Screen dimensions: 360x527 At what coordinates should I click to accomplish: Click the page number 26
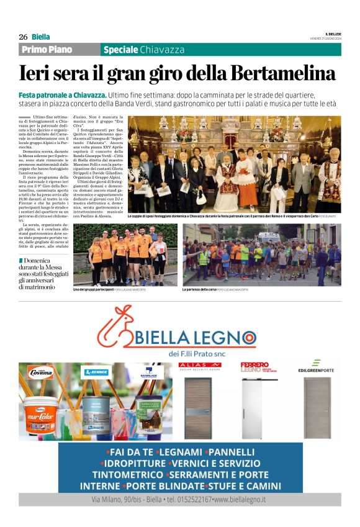tap(24, 37)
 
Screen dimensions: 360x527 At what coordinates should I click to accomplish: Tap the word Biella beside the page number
tap(41, 37)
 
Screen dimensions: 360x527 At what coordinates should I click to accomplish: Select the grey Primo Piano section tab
tap(47, 50)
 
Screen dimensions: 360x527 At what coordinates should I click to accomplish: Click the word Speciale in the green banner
tap(120, 50)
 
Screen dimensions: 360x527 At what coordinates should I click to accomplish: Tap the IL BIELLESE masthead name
tap(333, 34)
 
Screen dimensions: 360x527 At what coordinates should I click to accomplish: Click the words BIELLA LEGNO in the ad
tap(196, 338)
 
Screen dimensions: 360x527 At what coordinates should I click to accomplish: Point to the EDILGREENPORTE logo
tap(316, 366)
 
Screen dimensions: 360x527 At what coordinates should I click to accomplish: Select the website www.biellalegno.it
tap(240, 499)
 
